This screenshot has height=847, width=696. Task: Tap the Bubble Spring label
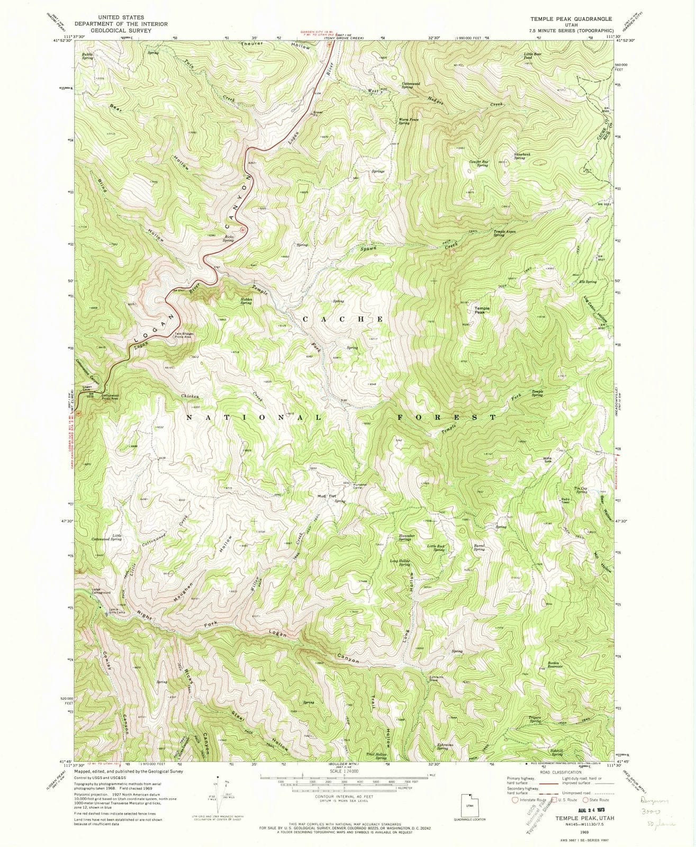[x=88, y=56]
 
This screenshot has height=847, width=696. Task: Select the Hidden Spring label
[x=246, y=301]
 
